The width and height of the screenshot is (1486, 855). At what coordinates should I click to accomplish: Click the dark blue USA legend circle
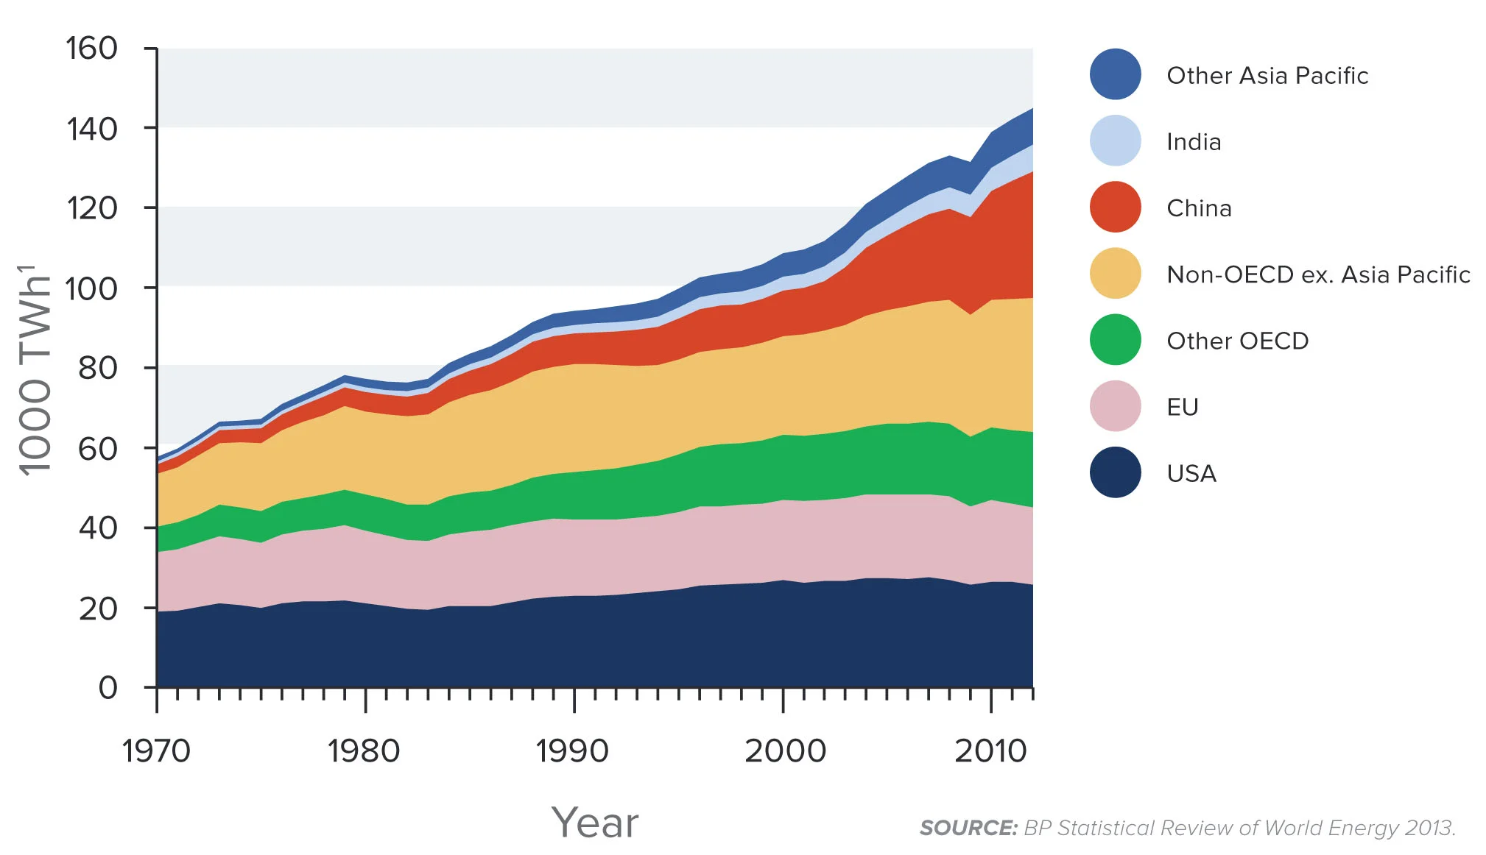click(x=1115, y=472)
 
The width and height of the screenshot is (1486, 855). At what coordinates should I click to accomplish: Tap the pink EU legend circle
click(x=1115, y=406)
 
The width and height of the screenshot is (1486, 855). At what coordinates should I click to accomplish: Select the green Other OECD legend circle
click(x=1115, y=340)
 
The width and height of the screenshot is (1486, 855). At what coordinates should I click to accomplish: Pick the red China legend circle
click(x=1115, y=207)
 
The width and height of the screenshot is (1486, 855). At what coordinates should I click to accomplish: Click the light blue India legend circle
click(x=1115, y=141)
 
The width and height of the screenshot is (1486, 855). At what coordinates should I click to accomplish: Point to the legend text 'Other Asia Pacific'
click(x=1267, y=75)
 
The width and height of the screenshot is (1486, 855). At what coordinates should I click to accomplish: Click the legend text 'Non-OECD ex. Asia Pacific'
click(x=1318, y=274)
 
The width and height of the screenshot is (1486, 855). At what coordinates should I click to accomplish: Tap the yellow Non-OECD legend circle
click(x=1115, y=274)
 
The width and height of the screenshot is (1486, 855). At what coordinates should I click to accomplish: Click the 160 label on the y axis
click(x=91, y=49)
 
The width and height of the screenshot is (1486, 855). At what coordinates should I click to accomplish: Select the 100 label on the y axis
click(x=91, y=288)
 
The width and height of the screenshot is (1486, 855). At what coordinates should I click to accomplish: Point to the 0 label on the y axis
click(x=108, y=688)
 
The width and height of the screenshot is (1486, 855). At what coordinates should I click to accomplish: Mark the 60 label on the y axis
click(x=97, y=448)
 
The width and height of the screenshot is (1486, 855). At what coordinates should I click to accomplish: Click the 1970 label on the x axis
click(x=156, y=751)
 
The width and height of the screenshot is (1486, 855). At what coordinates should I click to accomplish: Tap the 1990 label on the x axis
click(x=572, y=751)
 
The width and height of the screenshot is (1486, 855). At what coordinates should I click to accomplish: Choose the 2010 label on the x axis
click(x=990, y=751)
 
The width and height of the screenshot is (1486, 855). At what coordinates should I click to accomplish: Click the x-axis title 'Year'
click(x=595, y=823)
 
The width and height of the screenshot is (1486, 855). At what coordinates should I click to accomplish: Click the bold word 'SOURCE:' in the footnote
click(x=968, y=829)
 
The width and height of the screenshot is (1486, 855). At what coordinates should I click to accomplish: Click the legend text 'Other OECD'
click(x=1237, y=341)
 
